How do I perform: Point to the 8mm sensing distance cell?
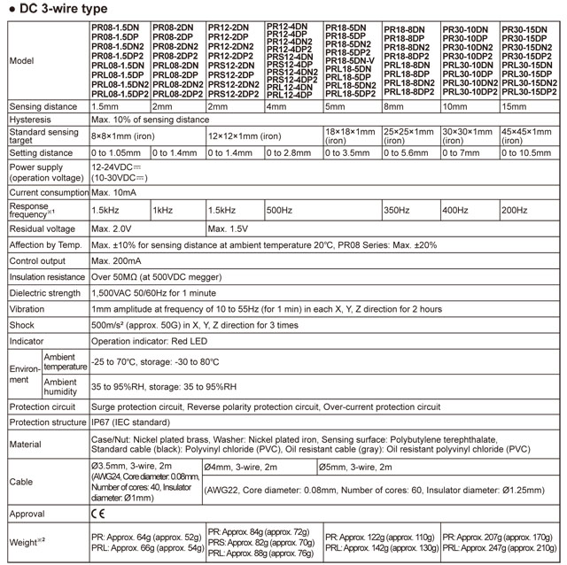394,105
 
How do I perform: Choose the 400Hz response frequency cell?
454,210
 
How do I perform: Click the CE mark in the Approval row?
97,513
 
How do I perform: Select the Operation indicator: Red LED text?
149,340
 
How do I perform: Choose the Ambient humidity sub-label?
61,387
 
